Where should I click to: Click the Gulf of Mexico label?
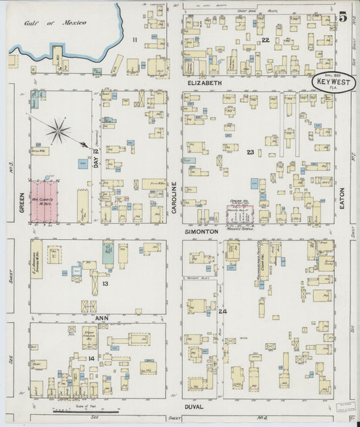click(x=55, y=22)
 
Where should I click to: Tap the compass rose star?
click(x=59, y=130)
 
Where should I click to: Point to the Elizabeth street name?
click(x=204, y=83)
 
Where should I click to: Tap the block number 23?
click(x=250, y=152)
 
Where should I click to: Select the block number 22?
click(x=265, y=41)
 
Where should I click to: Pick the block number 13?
click(x=105, y=284)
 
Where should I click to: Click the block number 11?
click(x=134, y=41)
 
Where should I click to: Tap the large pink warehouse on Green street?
click(x=44, y=201)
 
